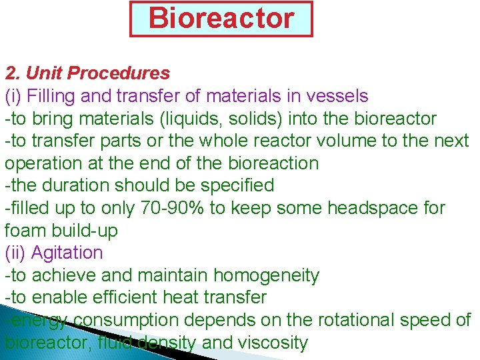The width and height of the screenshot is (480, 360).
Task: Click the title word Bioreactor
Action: pos(221,18)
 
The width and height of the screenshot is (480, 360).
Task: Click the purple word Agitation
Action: pos(67,253)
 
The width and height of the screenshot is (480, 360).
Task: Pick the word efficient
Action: pos(117,297)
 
